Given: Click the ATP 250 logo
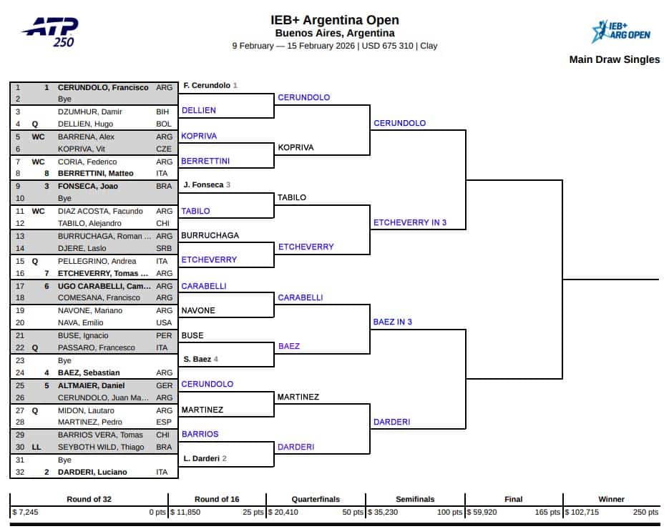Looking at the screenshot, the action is click(51, 31).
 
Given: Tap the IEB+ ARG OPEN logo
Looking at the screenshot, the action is click(620, 31).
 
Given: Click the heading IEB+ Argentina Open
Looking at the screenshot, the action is click(335, 20).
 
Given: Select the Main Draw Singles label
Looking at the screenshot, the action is click(614, 59).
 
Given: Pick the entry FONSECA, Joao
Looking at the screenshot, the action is click(89, 186).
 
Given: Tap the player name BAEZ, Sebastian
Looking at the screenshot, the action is click(89, 372).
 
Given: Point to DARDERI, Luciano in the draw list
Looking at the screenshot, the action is click(92, 472).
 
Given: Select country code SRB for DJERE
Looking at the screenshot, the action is click(164, 248).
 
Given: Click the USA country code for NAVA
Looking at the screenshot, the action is click(164, 322).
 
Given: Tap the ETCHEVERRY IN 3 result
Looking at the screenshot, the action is click(410, 222).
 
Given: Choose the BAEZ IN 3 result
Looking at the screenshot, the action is click(393, 322).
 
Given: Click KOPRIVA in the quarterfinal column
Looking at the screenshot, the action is click(296, 147).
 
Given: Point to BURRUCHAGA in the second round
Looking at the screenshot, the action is click(210, 234).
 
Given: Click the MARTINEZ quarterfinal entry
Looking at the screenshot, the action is click(298, 397).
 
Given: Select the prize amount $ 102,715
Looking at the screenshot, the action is click(582, 512).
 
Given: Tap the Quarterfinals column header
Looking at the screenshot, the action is click(316, 499).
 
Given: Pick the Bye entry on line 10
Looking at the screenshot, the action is click(64, 198).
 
